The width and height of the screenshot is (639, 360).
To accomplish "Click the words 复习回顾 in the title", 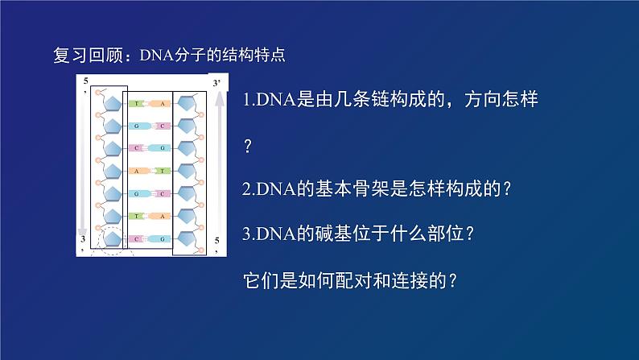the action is pos(88,55).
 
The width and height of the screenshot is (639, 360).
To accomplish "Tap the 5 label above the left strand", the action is pos(85,81).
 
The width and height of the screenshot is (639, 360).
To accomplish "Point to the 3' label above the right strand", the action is pos(216,83).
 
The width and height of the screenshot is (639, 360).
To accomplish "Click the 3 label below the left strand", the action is pos(83,238).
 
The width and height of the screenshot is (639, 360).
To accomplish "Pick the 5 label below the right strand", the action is pos(216,241).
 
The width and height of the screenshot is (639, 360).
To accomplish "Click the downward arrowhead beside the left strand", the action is pos(83,230).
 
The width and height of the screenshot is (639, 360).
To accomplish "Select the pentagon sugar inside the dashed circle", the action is pos(113,238).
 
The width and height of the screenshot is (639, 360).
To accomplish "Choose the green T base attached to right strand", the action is pos(163,171).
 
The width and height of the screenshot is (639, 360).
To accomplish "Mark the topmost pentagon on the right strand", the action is pos(186,104).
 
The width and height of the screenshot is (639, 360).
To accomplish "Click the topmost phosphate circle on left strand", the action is pos(97,93).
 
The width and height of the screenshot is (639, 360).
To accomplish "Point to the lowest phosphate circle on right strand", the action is pos(200,250).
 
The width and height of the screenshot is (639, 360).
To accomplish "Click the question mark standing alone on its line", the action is pos(248,146).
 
